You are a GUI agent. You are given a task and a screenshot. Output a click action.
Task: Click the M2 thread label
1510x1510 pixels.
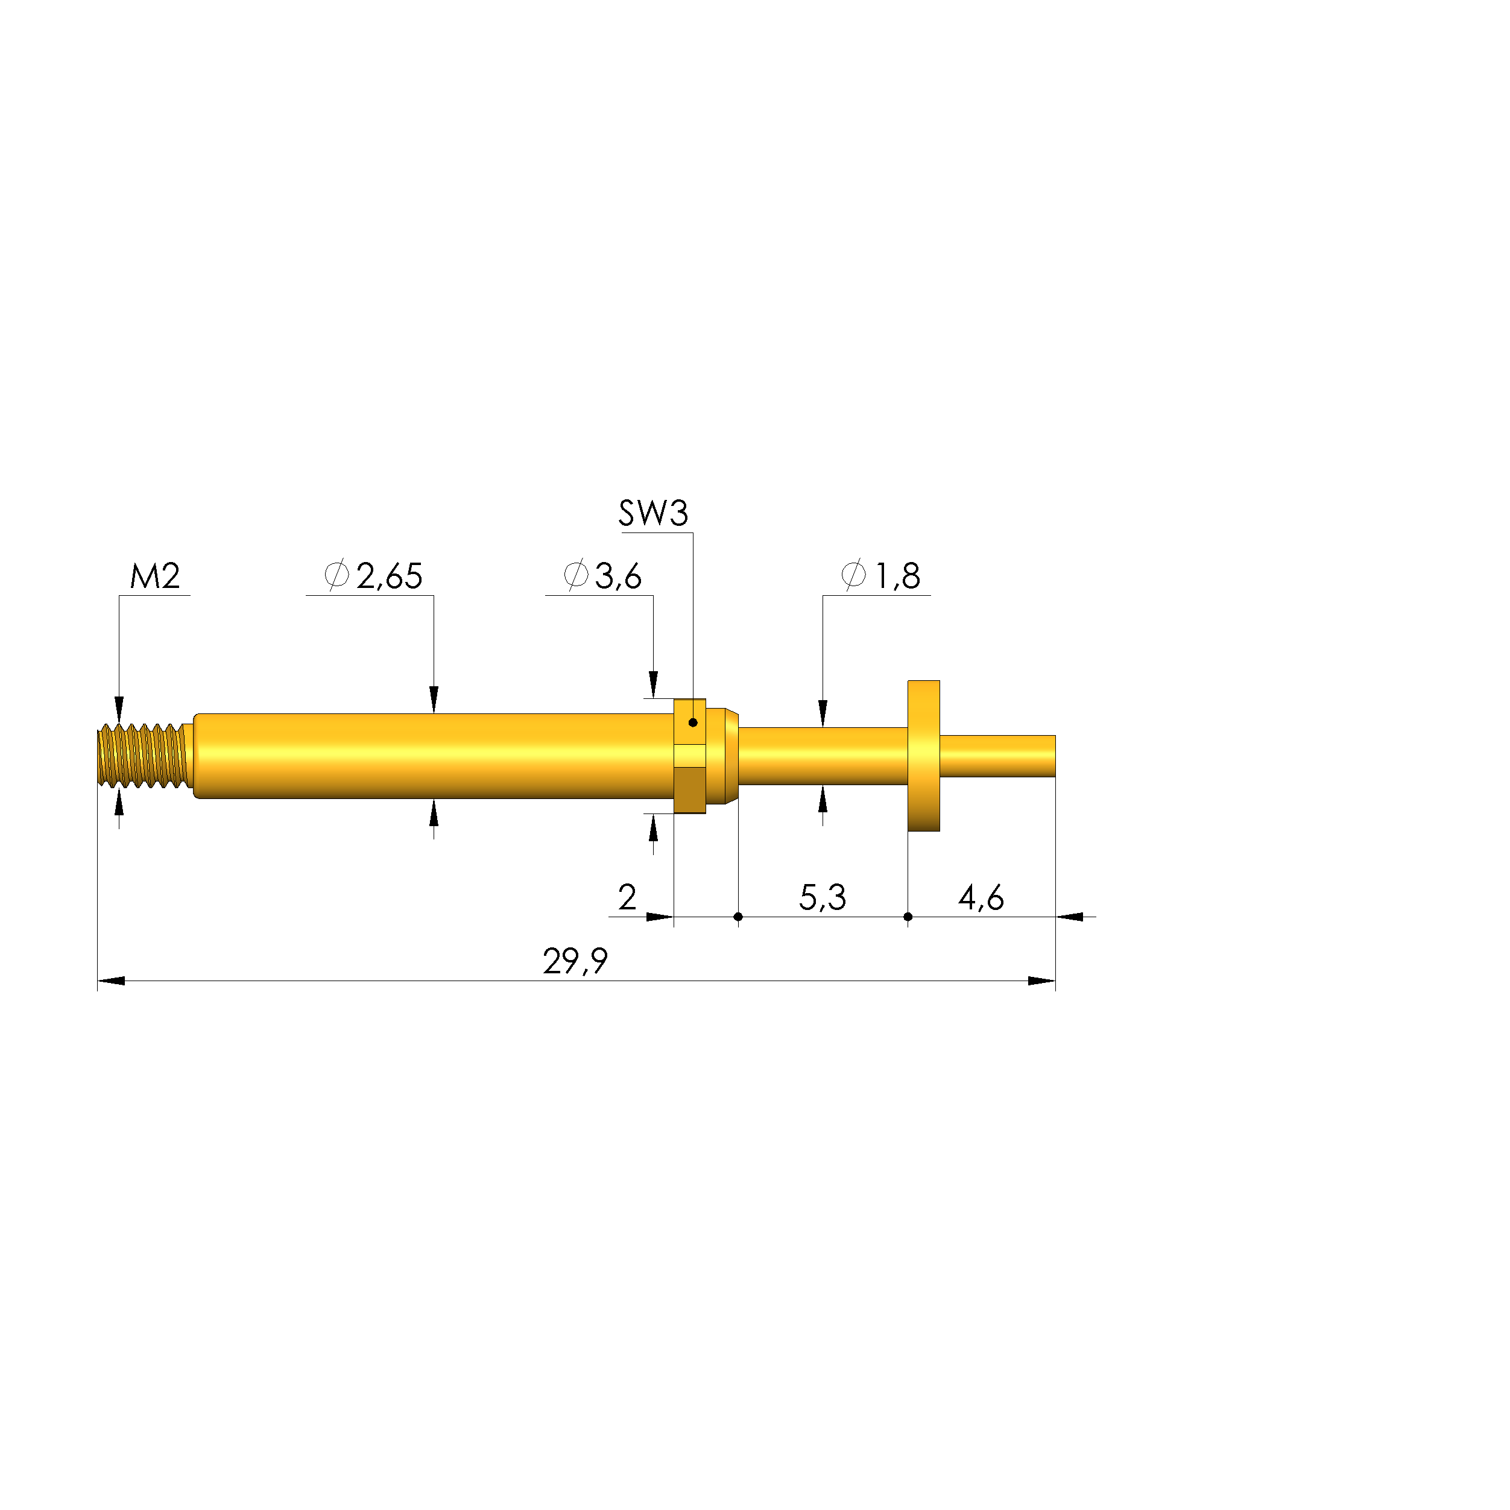click(x=155, y=577)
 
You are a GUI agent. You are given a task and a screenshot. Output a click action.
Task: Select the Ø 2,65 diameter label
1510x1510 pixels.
click(x=374, y=576)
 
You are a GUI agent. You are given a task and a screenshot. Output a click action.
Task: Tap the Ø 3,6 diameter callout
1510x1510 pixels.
click(x=602, y=576)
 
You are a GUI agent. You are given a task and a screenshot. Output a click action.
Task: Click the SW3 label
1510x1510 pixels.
click(x=654, y=514)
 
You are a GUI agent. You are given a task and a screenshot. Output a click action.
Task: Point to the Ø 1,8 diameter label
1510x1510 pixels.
click(x=881, y=576)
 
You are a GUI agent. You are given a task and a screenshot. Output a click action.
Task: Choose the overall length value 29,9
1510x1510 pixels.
click(x=575, y=961)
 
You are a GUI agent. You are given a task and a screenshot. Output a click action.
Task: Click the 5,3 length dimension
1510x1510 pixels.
click(x=822, y=897)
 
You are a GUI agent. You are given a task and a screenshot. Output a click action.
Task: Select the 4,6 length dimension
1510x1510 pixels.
click(x=981, y=897)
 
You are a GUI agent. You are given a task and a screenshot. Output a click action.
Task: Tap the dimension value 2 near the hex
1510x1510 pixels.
click(x=627, y=897)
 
